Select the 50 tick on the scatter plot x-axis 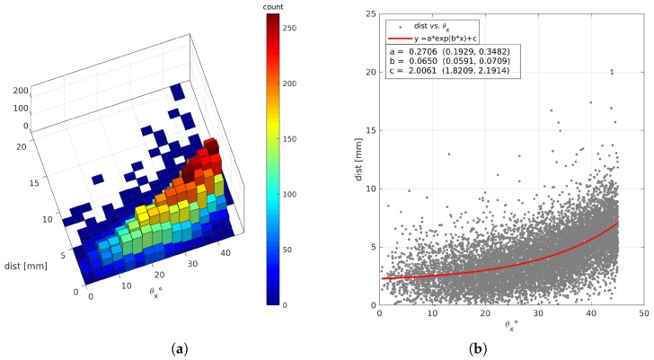[644, 313]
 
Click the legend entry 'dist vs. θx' [428, 27]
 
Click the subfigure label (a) [148, 347]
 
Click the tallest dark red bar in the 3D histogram [212, 146]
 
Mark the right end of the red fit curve [617, 224]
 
